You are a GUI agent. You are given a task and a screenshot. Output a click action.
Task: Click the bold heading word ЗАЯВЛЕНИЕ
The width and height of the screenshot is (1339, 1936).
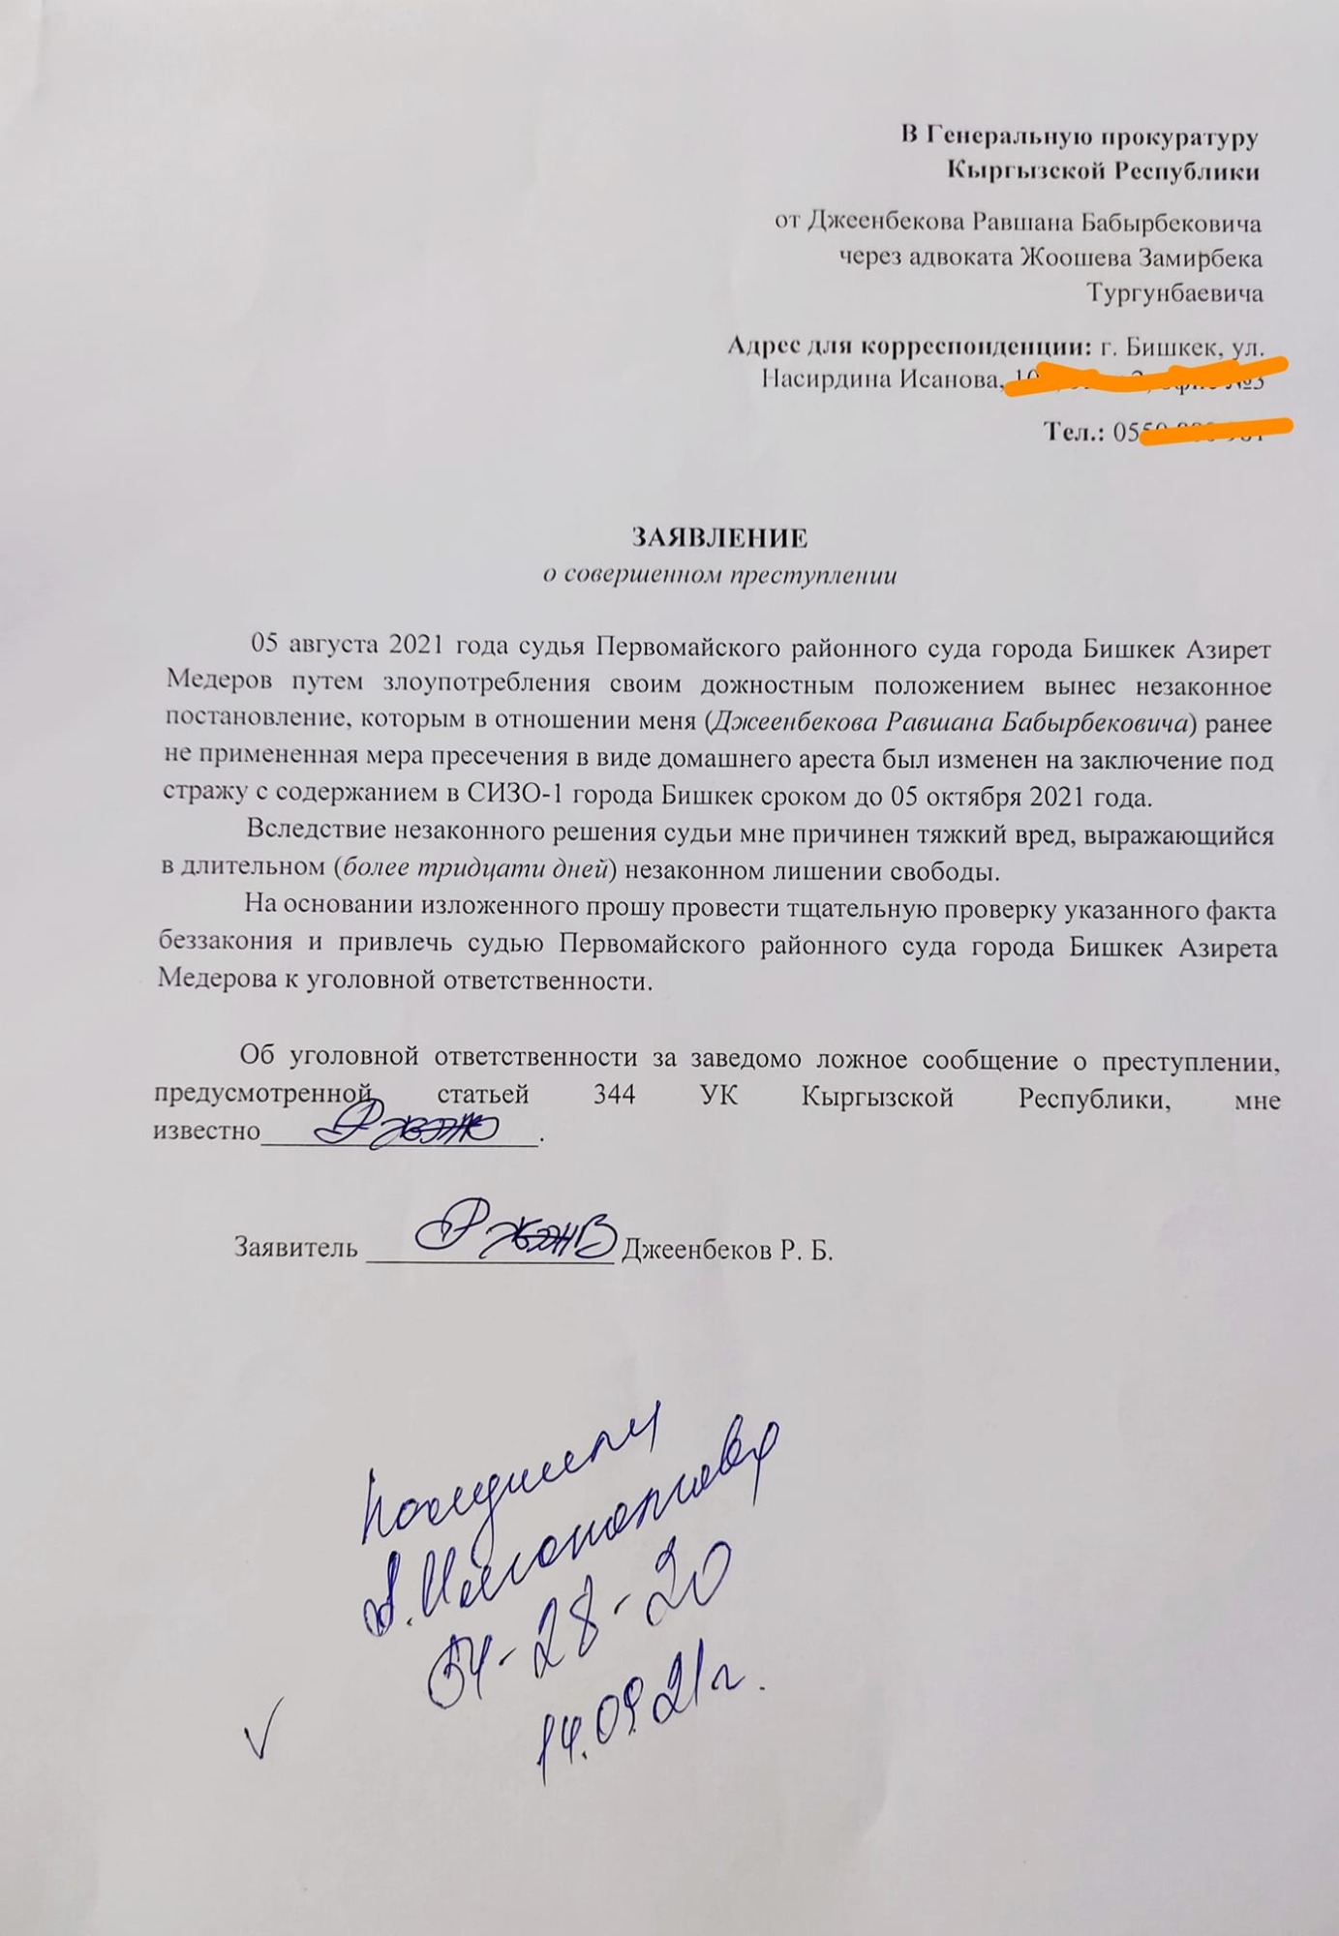coord(719,538)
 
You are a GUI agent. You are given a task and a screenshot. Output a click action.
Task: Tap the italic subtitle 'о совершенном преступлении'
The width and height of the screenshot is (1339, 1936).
coord(718,575)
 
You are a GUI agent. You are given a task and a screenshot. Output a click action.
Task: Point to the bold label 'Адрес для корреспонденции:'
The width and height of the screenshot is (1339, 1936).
coord(909,347)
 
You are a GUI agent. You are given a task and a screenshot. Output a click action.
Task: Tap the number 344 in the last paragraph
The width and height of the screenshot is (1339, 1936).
coord(614,1095)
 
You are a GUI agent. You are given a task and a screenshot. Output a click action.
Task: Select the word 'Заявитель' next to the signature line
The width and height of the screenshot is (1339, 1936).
coord(295,1248)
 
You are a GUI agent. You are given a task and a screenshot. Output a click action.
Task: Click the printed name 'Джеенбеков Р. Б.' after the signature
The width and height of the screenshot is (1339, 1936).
coord(727,1250)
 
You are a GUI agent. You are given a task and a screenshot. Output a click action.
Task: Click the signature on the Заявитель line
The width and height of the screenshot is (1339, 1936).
coord(513,1231)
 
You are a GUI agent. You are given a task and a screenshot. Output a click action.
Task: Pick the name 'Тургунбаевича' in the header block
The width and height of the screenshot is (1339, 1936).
coord(1173,292)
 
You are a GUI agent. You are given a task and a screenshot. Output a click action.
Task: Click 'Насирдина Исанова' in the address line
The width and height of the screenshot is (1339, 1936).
coord(880,379)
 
